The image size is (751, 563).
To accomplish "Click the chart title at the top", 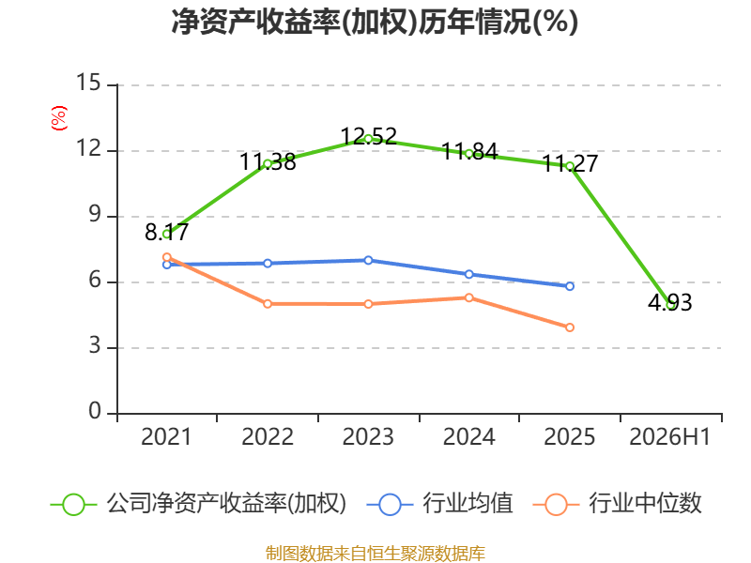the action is click(375, 22).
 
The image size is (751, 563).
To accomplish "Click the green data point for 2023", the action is click(368, 139).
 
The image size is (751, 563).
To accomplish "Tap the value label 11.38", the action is click(268, 161).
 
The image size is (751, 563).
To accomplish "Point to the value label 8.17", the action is click(167, 233).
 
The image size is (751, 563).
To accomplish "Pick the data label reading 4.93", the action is click(670, 302).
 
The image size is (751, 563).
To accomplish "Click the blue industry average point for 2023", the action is click(368, 261).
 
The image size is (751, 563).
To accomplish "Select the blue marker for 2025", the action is click(570, 286).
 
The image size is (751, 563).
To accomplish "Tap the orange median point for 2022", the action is click(268, 304).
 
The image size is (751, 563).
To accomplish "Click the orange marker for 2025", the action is click(570, 327).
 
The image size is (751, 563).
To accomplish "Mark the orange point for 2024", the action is click(469, 297).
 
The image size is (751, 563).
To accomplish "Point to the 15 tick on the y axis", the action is click(88, 83).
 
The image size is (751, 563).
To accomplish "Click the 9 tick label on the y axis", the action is click(95, 215).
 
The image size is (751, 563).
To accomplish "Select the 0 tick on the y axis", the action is click(95, 411).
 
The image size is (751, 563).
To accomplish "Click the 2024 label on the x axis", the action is click(469, 437).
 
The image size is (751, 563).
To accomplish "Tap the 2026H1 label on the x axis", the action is click(670, 437).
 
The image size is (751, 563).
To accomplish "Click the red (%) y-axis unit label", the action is click(59, 118).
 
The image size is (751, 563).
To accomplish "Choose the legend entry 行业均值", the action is click(440, 504).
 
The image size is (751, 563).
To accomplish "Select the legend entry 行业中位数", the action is click(618, 504).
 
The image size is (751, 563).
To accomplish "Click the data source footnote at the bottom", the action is click(375, 554).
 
